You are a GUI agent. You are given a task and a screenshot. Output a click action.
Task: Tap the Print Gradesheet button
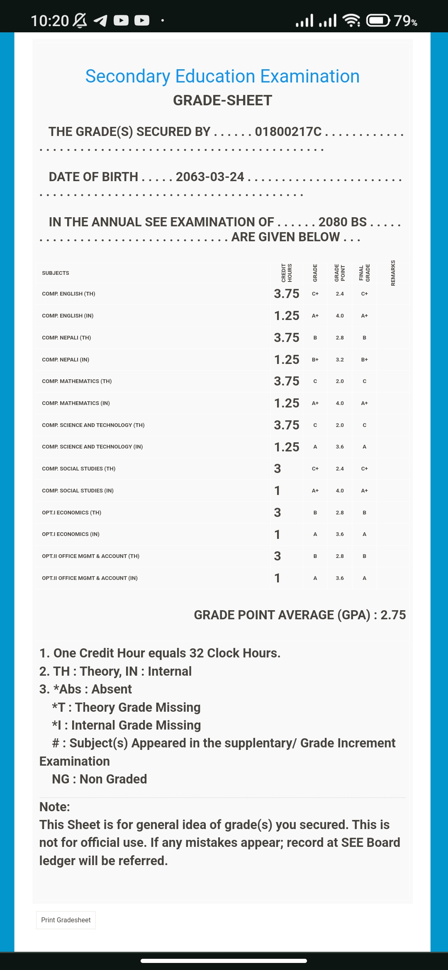point(66,920)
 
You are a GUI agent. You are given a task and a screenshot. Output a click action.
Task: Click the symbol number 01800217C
point(288,132)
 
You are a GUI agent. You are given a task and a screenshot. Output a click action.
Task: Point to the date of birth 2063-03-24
point(210,177)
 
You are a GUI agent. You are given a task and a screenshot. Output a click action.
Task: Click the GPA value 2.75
point(393,615)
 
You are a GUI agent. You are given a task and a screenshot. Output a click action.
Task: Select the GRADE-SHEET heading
point(222,100)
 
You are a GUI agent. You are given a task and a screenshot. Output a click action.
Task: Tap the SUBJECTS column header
point(56,273)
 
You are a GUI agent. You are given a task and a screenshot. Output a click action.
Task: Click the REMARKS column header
point(393,273)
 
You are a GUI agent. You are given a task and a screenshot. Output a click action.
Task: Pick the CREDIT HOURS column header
point(287,273)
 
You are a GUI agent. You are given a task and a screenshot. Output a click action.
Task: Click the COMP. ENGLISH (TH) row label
point(68,294)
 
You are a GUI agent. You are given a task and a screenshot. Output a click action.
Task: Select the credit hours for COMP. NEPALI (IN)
point(287,359)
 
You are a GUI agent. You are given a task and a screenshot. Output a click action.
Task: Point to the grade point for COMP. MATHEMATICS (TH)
point(340,381)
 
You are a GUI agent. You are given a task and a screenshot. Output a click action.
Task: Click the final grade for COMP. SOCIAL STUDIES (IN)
point(364,491)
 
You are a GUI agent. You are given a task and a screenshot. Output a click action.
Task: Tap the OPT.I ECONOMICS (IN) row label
point(71,534)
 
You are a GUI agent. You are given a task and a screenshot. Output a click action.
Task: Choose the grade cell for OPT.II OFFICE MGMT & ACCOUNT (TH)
point(315,556)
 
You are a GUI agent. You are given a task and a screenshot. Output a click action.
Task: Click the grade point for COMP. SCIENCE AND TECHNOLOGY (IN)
point(340,447)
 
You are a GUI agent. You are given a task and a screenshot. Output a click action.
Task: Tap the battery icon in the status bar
point(378,20)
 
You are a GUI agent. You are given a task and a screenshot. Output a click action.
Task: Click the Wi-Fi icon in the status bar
point(351,20)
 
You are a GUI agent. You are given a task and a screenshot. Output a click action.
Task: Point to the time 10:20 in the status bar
point(50,21)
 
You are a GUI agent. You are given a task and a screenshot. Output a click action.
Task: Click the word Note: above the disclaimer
point(55,807)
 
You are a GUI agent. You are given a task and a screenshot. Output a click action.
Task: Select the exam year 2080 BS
point(343,222)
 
